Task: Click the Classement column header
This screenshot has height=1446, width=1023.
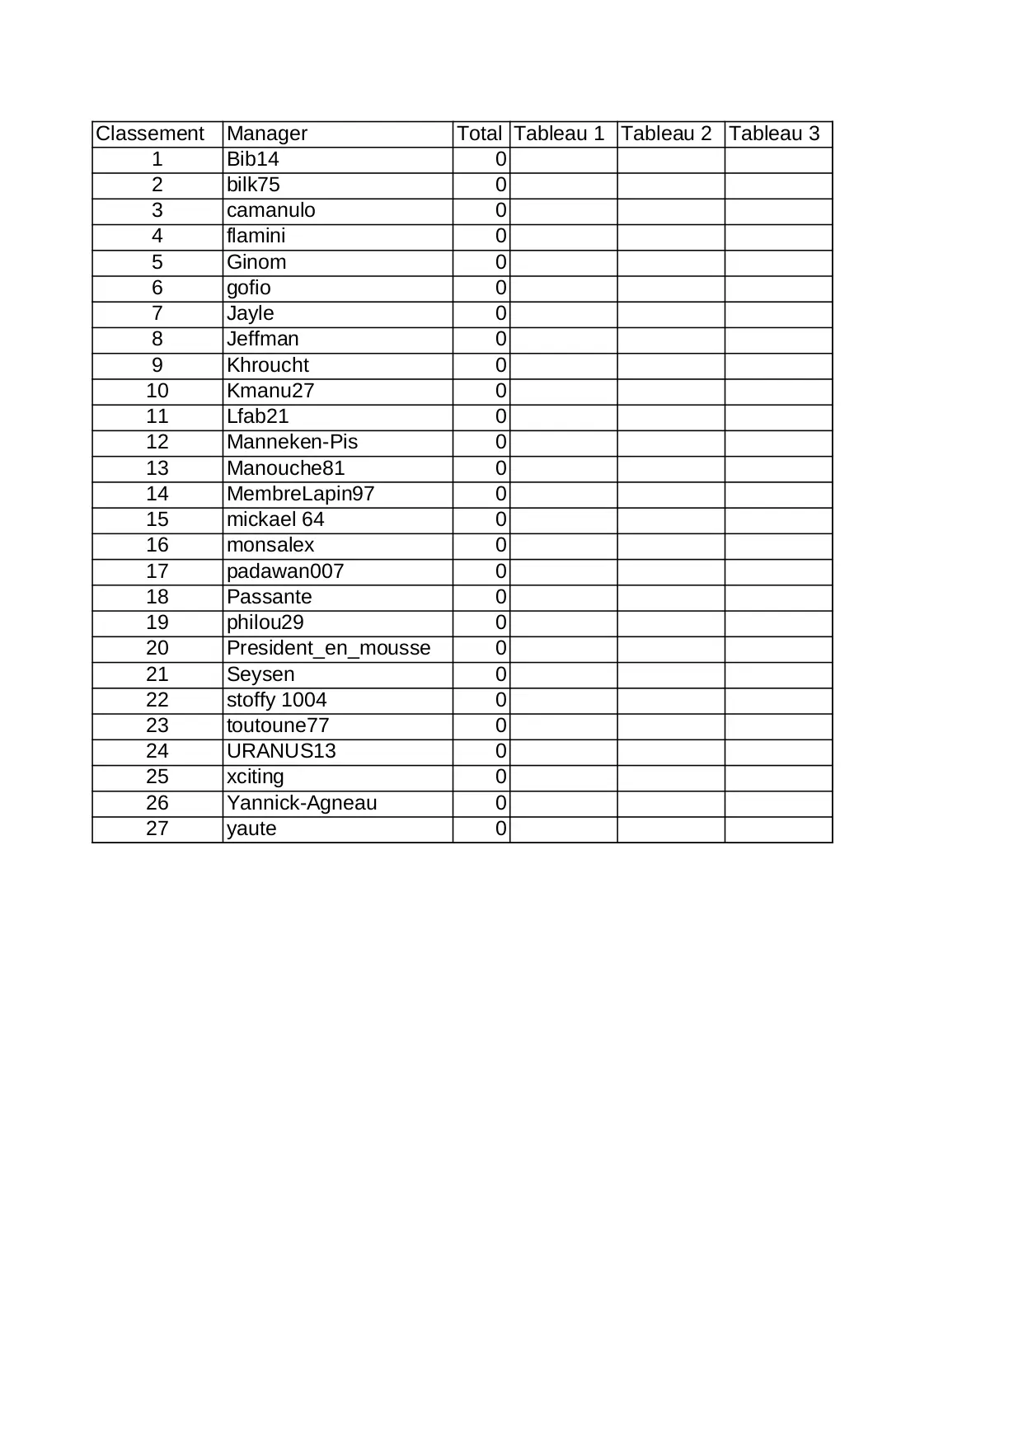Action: point(150,134)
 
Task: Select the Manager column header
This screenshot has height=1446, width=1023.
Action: point(267,134)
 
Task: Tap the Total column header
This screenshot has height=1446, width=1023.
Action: point(480,134)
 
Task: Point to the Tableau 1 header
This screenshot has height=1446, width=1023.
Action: point(560,134)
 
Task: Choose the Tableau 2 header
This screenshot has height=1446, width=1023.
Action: point(667,134)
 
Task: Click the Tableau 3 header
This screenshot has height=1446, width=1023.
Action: point(775,134)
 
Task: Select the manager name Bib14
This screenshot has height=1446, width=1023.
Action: point(253,160)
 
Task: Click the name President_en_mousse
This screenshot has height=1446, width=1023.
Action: point(328,649)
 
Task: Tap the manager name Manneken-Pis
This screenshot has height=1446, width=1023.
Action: point(292,443)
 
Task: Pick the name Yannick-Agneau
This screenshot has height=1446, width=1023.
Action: point(302,804)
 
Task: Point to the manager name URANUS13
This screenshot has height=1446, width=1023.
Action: point(281,752)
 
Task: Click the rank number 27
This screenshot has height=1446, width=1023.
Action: point(157,829)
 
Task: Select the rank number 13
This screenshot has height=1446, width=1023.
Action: point(157,469)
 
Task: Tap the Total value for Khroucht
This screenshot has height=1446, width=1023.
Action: point(500,366)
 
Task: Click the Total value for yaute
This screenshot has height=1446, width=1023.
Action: point(500,829)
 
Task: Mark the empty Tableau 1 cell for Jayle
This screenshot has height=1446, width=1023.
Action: point(564,314)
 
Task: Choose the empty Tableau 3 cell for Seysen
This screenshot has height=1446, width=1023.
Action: point(779,675)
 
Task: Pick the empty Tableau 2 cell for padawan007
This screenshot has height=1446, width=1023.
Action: point(671,572)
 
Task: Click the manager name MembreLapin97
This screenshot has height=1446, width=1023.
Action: point(300,495)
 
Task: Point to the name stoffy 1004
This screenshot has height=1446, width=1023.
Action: point(276,701)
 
